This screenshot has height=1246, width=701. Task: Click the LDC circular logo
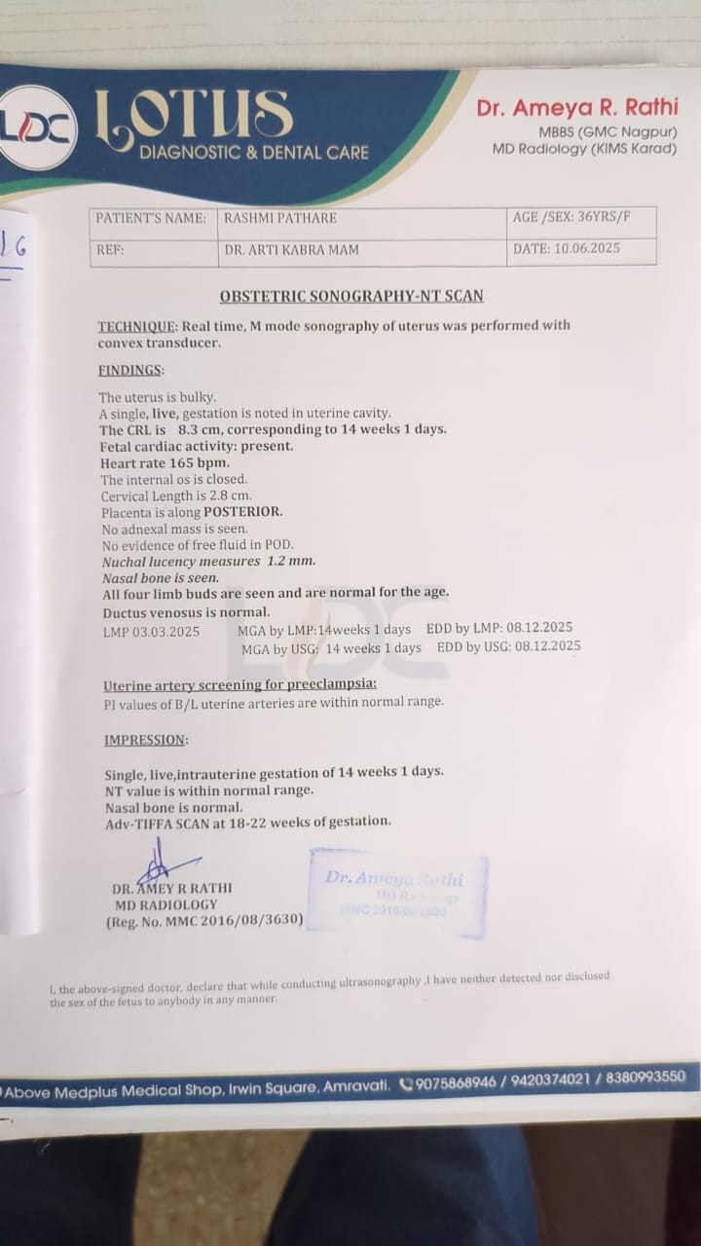(x=38, y=128)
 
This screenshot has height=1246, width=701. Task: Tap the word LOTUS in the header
(x=194, y=115)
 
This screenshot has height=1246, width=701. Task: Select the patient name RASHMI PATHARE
(x=277, y=219)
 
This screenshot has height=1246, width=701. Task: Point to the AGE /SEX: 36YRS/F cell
(x=572, y=218)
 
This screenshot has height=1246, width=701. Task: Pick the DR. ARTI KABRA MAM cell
(x=292, y=250)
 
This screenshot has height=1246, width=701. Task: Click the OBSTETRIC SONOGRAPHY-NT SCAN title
(x=351, y=296)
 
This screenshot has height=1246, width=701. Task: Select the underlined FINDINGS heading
(x=131, y=371)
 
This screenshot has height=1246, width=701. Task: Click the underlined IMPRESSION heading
(x=146, y=740)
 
